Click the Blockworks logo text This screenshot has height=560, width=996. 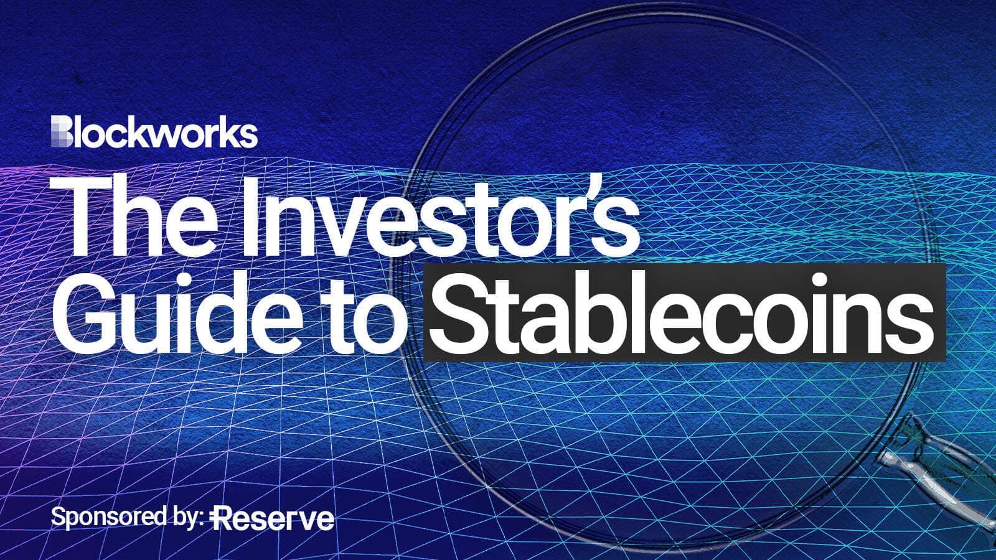[154, 132]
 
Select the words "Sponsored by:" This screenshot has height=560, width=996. [127, 518]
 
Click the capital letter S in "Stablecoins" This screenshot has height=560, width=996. [463, 313]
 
